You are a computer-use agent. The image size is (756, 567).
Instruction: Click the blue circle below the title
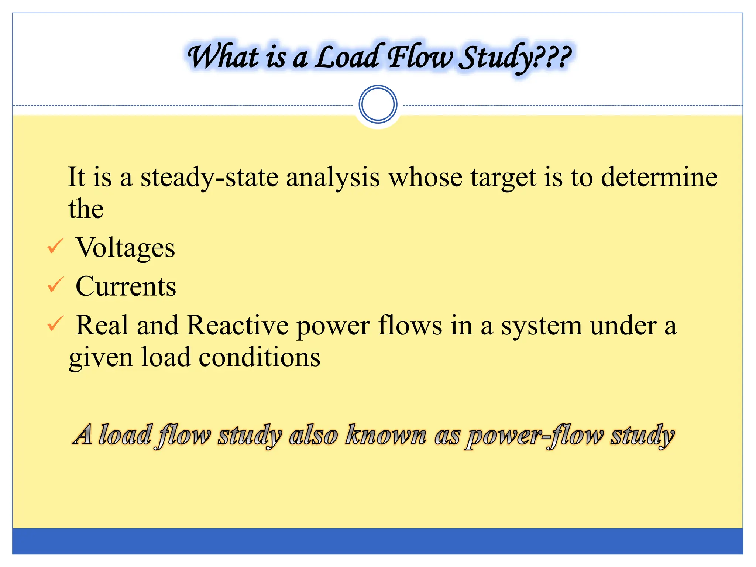[378, 104]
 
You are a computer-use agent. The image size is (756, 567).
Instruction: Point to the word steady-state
[209, 178]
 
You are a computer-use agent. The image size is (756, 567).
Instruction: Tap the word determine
[659, 178]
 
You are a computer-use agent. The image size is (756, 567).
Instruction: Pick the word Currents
[126, 286]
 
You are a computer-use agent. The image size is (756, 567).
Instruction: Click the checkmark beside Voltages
[56, 246]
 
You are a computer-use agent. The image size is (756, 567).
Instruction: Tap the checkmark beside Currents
[56, 285]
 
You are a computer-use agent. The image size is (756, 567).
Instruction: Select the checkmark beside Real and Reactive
[56, 324]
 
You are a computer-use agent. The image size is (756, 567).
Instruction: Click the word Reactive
[238, 326]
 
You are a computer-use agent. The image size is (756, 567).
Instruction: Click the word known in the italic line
[386, 435]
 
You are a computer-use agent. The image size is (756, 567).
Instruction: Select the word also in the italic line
[313, 435]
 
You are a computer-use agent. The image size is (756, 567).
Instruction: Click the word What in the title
[223, 57]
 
